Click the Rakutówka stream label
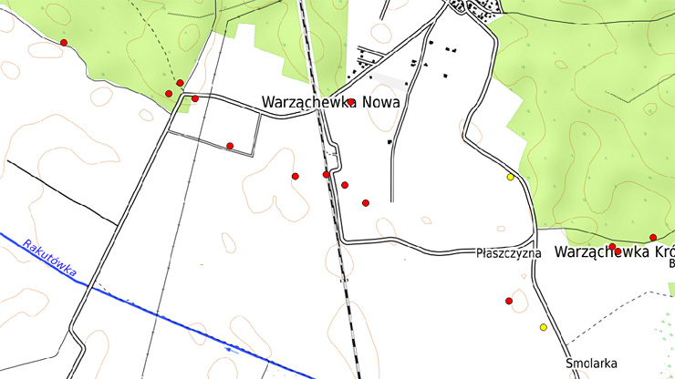click(51, 260)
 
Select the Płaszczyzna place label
click(509, 253)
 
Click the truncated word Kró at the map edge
click(661, 252)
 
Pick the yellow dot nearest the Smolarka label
click(544, 327)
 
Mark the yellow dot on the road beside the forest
click(511, 177)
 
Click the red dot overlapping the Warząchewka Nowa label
click(350, 102)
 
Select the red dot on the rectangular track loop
click(230, 146)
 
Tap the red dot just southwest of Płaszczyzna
click(509, 301)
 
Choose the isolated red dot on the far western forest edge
click(64, 43)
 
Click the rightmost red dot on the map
click(653, 238)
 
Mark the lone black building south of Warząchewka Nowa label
click(390, 142)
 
